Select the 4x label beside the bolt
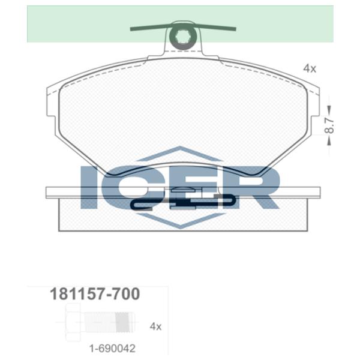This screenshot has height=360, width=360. (155, 326)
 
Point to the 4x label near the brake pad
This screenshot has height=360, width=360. (309, 68)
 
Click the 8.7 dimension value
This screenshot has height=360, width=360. (329, 124)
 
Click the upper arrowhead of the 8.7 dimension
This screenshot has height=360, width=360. (329, 108)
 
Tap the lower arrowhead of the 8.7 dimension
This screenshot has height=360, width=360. (329, 142)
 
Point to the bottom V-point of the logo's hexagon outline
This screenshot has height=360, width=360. (179, 228)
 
